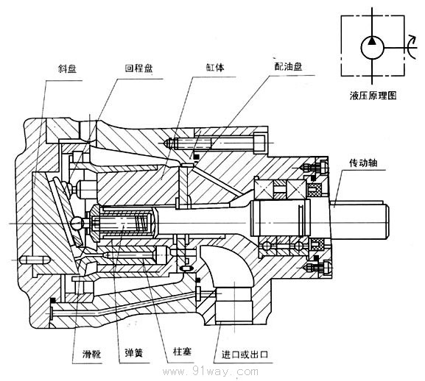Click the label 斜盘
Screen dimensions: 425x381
pos(67,69)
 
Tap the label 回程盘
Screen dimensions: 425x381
pos(138,68)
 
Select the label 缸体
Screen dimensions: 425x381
pos(215,68)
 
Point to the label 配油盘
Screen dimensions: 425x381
pos(289,66)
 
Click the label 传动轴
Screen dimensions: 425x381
pos(363,163)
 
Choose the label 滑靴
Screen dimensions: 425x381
pos(91,353)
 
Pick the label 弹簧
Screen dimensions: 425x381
pos(133,353)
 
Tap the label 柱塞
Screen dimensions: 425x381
pos(182,352)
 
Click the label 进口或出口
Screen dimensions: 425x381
pos(245,355)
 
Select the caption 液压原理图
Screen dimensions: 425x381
pos(373,96)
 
